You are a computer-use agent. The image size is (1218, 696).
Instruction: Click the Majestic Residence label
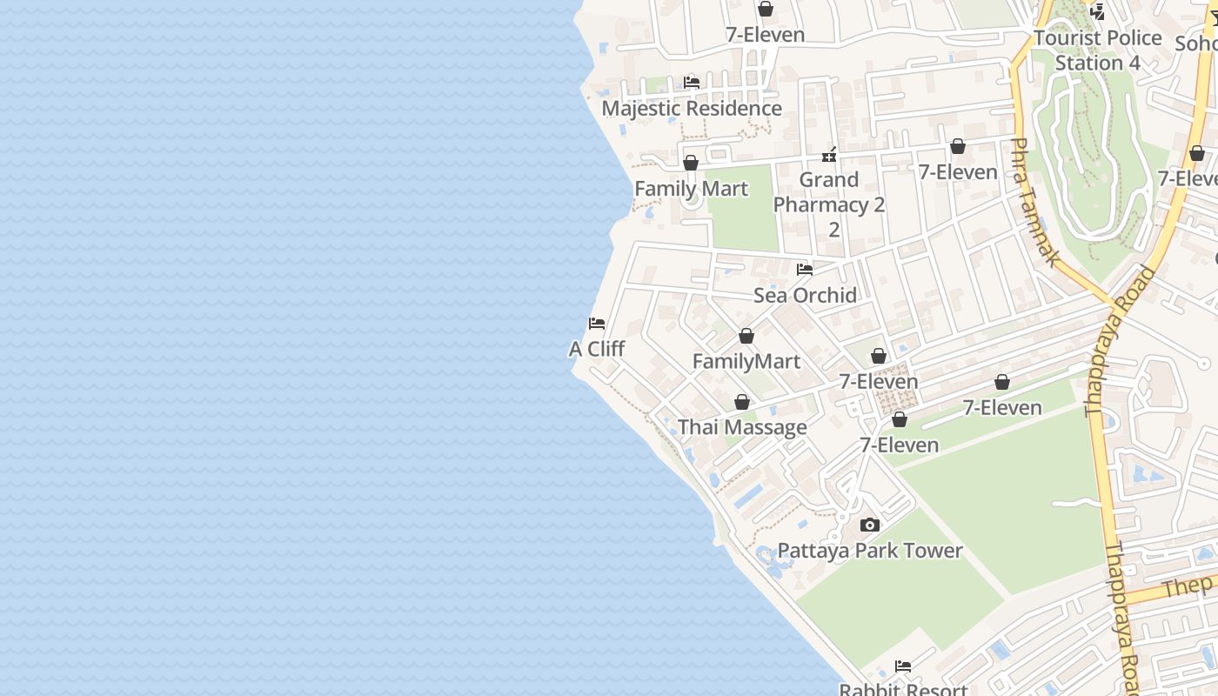coord(692,109)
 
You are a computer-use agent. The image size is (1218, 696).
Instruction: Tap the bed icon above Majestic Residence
coord(692,83)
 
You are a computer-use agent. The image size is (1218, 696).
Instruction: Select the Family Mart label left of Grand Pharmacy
coord(691,189)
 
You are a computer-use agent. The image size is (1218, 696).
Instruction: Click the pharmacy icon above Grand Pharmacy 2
coord(829,156)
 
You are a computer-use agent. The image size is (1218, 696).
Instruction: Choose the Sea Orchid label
coord(805,295)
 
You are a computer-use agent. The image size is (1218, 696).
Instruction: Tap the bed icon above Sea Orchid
coord(805,270)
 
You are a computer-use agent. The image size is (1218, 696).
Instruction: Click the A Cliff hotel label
coord(597,349)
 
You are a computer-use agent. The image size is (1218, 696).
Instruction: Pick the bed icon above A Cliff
coord(597,324)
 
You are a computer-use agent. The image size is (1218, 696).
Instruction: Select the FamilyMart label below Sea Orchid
coord(746,361)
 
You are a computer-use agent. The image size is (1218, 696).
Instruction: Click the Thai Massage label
coord(742,427)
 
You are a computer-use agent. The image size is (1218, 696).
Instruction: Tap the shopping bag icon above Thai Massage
coord(742,402)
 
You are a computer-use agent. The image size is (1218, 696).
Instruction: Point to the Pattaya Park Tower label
coord(870,551)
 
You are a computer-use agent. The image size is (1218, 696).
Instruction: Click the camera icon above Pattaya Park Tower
coord(870,525)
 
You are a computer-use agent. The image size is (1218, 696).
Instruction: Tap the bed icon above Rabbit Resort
coord(903,666)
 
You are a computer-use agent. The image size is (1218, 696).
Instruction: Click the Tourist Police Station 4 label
coord(1098,50)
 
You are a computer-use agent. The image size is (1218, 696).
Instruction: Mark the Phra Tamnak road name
coord(1036,202)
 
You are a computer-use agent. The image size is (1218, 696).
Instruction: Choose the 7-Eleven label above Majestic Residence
coord(766,35)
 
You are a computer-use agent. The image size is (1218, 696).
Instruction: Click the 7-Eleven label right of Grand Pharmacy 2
coord(958,172)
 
